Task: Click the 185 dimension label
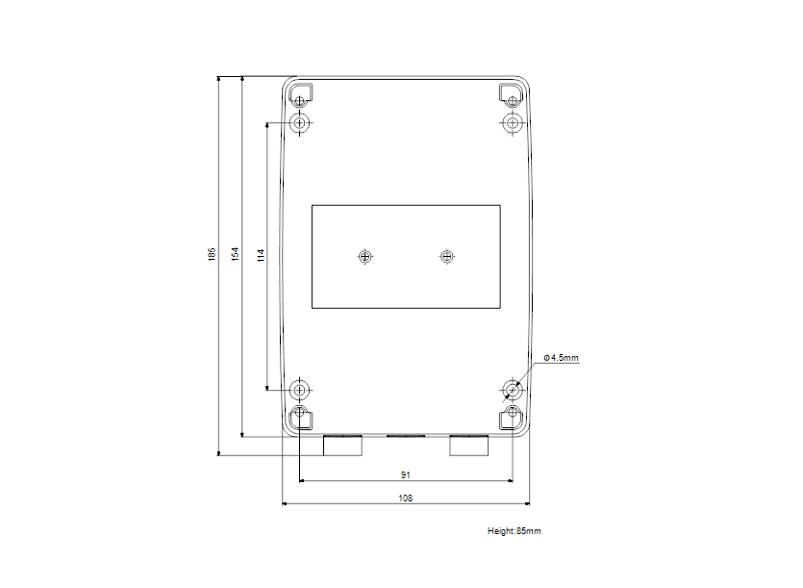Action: (212, 255)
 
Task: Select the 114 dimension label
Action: (260, 255)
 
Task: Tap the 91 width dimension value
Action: (406, 474)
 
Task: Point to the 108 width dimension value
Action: (406, 499)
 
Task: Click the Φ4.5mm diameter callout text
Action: (561, 358)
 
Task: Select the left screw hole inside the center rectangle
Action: (364, 256)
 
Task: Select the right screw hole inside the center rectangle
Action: (445, 256)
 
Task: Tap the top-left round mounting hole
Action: (301, 123)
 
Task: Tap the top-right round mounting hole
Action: (512, 123)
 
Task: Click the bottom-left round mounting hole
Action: (301, 390)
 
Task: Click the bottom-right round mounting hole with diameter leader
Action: (512, 390)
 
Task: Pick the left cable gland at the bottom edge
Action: (342, 445)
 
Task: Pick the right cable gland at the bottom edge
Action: (470, 445)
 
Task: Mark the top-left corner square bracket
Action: (301, 97)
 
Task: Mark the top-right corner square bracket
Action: (511, 96)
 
